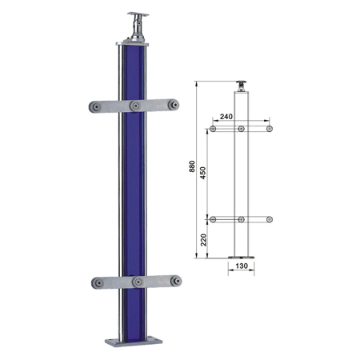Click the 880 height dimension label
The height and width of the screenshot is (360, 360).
coord(192,166)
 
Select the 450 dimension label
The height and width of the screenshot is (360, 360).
coord(203,173)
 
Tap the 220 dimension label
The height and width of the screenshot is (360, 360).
coord(203,240)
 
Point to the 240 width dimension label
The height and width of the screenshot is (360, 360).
coord(226,117)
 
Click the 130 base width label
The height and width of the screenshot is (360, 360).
coord(242,266)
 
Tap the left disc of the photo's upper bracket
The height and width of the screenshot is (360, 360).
coord(95,107)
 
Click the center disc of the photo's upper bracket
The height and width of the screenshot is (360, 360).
coord(136,106)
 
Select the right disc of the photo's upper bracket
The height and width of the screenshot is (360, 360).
coord(174,105)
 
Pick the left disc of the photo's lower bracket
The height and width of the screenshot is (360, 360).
coord(98,283)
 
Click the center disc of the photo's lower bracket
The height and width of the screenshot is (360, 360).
coord(138,282)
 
